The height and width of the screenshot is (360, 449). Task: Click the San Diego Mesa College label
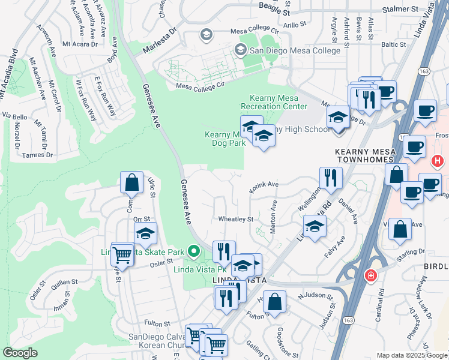[x=295, y=50]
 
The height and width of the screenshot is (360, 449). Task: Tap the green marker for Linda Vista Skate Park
[x=193, y=250]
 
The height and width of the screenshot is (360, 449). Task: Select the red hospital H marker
[x=438, y=161]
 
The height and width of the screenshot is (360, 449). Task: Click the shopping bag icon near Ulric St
[x=131, y=182]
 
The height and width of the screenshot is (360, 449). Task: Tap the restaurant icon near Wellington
[x=330, y=177]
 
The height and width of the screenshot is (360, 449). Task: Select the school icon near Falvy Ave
[x=314, y=227]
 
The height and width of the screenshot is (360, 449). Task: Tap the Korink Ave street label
[x=264, y=185]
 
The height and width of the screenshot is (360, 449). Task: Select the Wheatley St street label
[x=235, y=220]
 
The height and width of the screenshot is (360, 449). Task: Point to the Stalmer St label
[x=401, y=10]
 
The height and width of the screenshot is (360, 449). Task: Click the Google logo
[x=20, y=353]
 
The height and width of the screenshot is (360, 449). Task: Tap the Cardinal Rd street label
[x=381, y=307]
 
